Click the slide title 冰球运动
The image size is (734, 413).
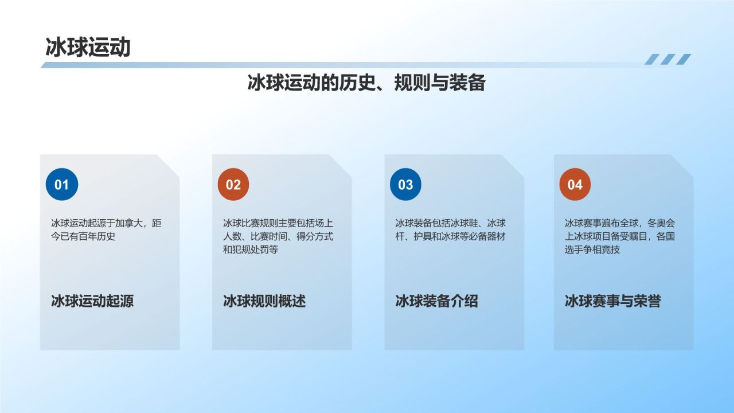tap(88, 48)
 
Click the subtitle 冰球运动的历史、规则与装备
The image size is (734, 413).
tap(366, 83)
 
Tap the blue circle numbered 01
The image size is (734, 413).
tap(61, 185)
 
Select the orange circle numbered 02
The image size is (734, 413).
tap(233, 185)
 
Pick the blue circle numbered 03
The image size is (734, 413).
tap(405, 185)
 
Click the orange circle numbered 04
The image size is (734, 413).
tap(575, 185)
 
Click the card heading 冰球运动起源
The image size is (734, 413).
tap(92, 301)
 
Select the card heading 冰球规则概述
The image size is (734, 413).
tap(264, 301)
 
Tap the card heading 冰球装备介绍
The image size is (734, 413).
tap(436, 301)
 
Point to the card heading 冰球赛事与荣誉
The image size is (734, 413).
tap(612, 301)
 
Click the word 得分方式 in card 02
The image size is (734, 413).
tap(315, 236)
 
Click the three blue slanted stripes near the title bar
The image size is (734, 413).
tap(667, 59)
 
